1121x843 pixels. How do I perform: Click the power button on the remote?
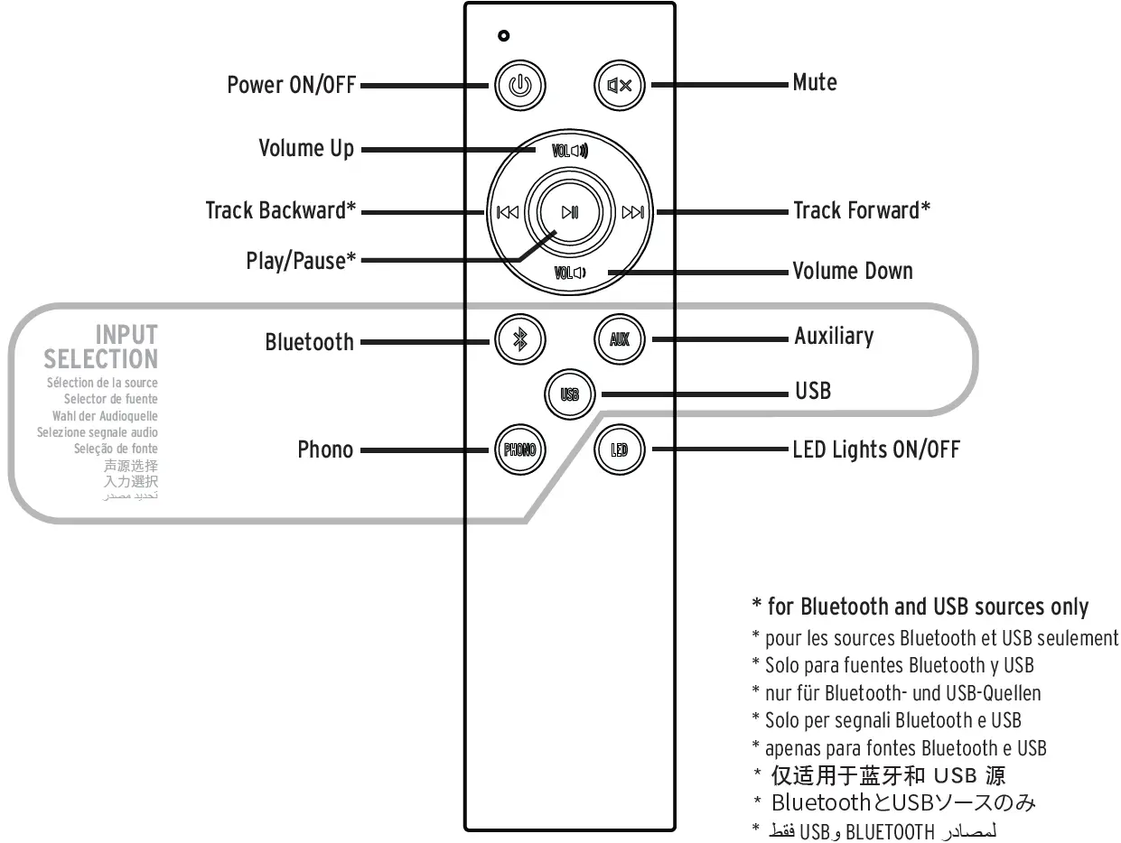point(520,87)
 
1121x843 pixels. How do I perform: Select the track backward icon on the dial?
point(508,213)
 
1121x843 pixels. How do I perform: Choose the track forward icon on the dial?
point(634,213)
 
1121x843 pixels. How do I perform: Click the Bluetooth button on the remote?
point(520,340)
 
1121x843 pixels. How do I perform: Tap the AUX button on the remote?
point(620,340)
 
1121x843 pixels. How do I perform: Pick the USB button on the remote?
point(570,394)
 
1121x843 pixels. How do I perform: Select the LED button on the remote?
point(620,449)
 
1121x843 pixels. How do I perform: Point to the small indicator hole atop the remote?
point(504,36)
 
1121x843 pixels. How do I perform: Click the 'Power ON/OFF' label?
point(291,86)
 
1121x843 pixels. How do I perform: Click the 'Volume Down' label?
point(852,271)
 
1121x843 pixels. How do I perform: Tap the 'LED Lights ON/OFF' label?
point(875,449)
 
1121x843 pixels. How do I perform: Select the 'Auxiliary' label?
point(834,337)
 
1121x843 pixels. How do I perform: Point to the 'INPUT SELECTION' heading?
point(101,347)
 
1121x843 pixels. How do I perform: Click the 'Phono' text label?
point(325,449)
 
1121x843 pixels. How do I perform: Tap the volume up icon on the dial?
point(570,151)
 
